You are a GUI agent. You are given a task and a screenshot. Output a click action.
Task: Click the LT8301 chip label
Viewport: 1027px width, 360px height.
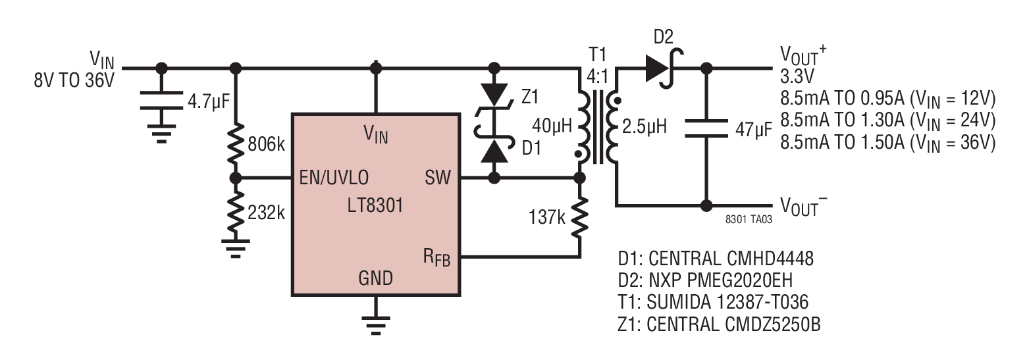pos(375,205)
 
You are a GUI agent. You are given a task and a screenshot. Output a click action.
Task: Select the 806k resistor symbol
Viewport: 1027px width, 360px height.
pos(235,144)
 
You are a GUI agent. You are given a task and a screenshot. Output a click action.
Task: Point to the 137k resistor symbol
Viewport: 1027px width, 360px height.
pos(580,218)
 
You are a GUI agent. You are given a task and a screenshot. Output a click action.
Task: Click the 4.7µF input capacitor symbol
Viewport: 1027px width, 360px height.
pos(161,101)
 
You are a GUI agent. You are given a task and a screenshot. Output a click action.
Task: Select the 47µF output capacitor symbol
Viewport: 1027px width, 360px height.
pos(706,129)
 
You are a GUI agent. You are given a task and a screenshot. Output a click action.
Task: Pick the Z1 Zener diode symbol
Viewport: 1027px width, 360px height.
pos(494,100)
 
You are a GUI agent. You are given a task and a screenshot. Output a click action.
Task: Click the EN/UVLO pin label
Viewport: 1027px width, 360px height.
pos(334,178)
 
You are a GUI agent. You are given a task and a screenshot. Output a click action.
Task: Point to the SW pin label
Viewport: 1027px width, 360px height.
pos(438,178)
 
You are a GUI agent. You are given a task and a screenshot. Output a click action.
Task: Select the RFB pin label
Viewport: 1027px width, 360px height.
pos(436,258)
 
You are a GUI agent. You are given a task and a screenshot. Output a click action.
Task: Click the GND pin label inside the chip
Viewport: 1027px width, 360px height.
pos(375,278)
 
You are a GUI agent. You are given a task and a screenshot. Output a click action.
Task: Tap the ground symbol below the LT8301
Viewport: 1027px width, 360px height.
pos(375,325)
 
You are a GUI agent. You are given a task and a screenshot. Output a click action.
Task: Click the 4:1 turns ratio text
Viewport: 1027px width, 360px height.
pos(597,76)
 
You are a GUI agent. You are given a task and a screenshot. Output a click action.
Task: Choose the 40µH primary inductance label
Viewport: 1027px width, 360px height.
pos(552,125)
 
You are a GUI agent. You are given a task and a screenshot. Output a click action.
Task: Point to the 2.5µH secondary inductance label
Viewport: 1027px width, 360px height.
pos(644,126)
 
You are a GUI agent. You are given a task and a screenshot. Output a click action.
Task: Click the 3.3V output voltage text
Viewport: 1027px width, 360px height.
pos(797,76)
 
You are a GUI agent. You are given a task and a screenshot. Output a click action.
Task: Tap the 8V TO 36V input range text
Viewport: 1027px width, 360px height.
pos(74,80)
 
